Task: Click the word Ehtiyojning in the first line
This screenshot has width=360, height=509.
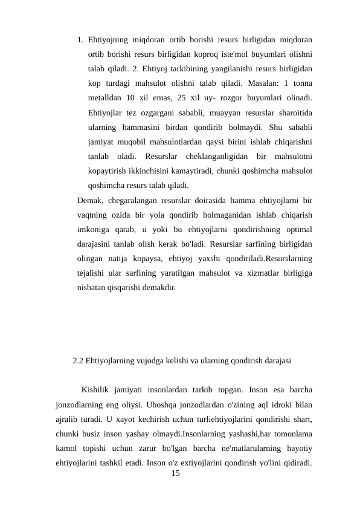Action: click(108, 41)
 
